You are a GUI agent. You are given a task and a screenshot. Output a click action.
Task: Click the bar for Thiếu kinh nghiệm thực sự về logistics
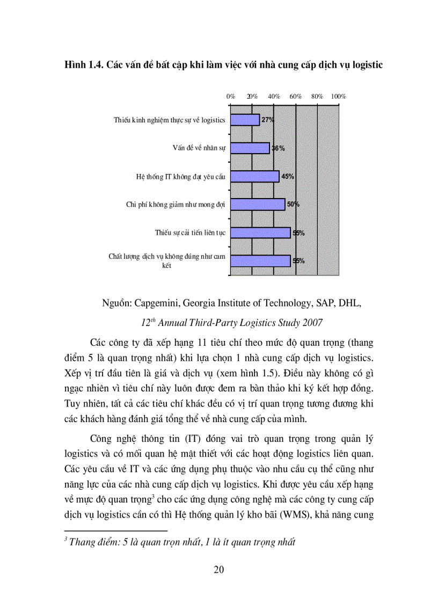click(245, 120)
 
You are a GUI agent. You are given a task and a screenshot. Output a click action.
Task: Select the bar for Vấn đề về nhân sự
click(250, 148)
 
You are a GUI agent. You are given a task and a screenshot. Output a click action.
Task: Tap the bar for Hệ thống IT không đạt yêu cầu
click(254, 176)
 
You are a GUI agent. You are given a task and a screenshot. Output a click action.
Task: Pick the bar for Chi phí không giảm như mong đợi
click(257, 205)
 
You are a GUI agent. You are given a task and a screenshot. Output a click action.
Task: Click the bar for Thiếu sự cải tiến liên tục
click(260, 233)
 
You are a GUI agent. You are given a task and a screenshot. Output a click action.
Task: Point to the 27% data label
click(267, 120)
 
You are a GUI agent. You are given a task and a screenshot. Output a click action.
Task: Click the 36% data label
click(278, 148)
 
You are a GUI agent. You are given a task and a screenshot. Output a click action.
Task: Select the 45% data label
click(288, 176)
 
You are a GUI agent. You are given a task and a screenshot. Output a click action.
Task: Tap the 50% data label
click(293, 205)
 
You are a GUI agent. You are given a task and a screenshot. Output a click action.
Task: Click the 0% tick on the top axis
click(231, 97)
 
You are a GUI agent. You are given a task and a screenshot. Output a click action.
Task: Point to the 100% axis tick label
click(338, 97)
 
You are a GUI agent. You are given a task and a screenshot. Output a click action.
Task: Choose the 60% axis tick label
click(296, 97)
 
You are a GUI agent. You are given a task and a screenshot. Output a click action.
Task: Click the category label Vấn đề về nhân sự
click(195, 148)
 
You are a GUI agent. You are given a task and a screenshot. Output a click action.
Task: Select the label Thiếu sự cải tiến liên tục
click(190, 233)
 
